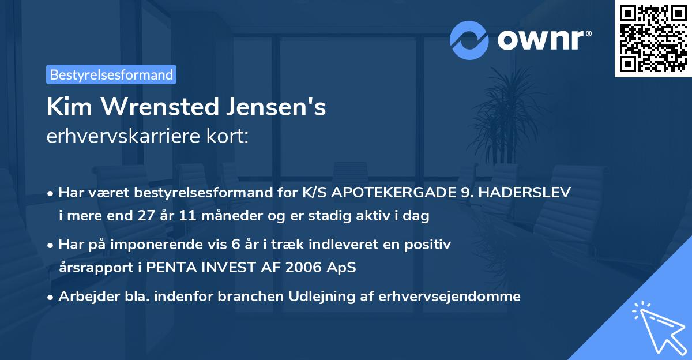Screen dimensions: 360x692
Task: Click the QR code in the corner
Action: pyautogui.click(x=653, y=39)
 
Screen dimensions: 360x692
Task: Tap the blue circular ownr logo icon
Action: pyautogui.click(x=469, y=40)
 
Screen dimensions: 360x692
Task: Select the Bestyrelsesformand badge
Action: pyautogui.click(x=111, y=74)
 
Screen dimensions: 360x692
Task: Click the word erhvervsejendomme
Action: pyautogui.click(x=450, y=297)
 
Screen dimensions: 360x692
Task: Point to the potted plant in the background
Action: pyautogui.click(x=502, y=110)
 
